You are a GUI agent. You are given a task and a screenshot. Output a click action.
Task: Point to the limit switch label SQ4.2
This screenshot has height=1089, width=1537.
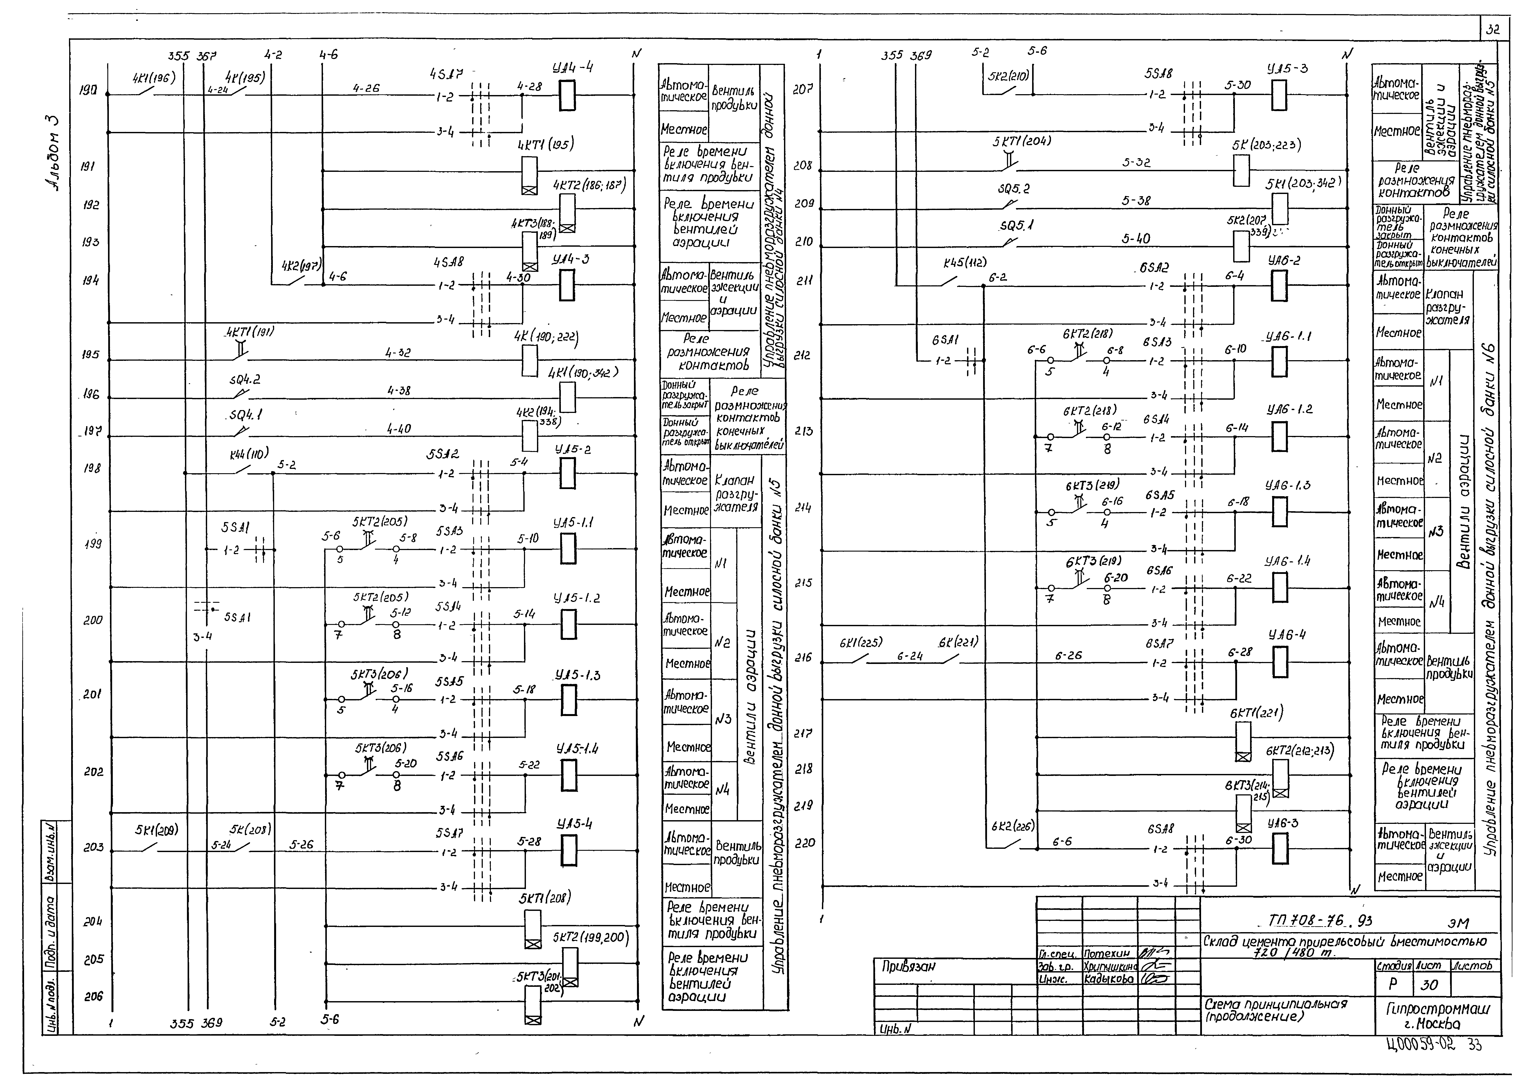pyautogui.click(x=245, y=379)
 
